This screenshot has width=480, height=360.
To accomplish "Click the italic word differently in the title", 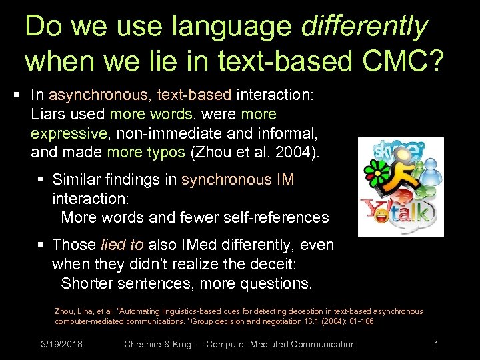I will (364, 27).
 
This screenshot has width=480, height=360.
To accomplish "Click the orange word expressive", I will (69, 134).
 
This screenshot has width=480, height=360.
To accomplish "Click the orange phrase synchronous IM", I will (237, 180).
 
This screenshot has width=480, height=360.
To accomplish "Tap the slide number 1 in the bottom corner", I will (436, 345).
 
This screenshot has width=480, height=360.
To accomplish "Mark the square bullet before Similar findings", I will (43, 180).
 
